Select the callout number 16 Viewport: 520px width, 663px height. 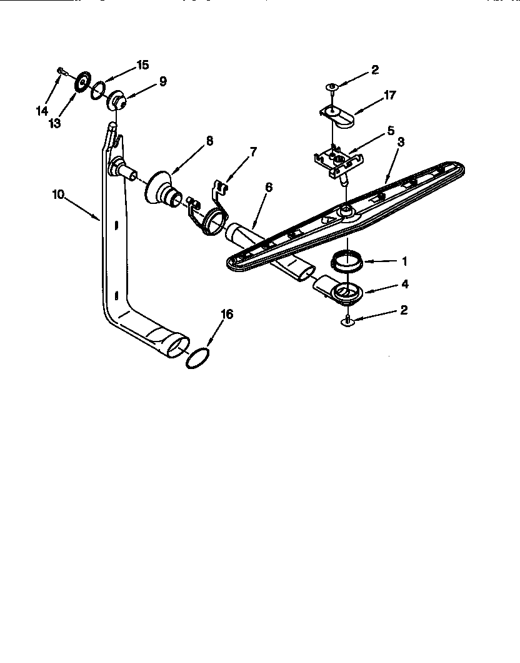tap(227, 314)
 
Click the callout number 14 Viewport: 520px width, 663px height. tap(42, 111)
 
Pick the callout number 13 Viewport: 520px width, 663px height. tap(55, 123)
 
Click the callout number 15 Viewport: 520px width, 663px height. tap(142, 65)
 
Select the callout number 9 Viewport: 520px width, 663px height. tap(162, 81)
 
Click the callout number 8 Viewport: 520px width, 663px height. tap(209, 141)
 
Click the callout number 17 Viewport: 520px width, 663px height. tap(390, 96)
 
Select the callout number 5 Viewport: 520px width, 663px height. tap(391, 131)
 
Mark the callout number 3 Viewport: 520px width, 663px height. tap(401, 142)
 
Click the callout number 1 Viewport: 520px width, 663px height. tap(404, 261)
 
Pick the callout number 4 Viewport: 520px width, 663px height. tap(404, 284)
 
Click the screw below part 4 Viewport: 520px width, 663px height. tap(347, 322)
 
